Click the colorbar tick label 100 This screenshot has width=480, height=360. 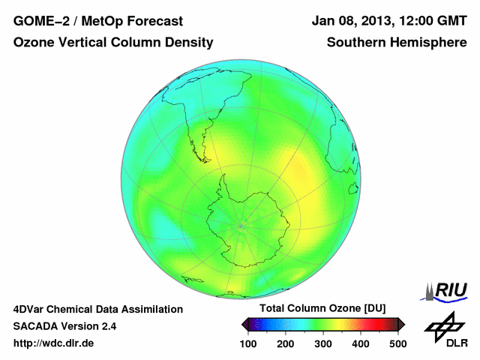click(249, 343)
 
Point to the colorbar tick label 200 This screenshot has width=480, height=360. click(286, 343)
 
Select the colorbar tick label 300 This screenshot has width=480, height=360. click(323, 343)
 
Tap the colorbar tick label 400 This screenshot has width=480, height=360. click(360, 343)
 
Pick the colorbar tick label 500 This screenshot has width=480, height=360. click(397, 343)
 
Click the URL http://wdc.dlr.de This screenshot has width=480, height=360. click(54, 343)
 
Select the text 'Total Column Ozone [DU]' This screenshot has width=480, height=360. click(322, 309)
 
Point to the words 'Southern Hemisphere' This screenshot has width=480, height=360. click(396, 43)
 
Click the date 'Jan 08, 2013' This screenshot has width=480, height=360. click(349, 21)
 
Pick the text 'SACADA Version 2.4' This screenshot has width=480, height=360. click(64, 326)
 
